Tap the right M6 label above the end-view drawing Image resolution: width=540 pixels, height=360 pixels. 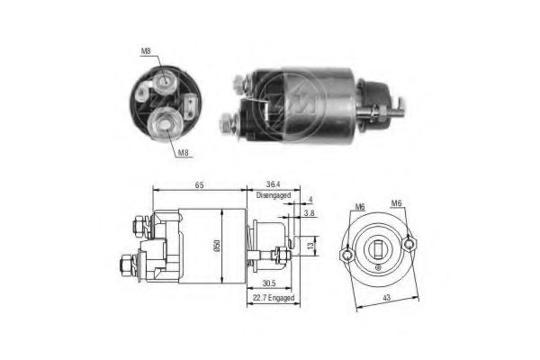click(x=397, y=203)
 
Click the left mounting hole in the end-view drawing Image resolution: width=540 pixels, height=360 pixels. click(x=348, y=256)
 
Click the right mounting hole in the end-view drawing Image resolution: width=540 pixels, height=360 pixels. click(x=409, y=240)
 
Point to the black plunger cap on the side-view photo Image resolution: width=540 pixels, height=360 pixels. click(x=373, y=94)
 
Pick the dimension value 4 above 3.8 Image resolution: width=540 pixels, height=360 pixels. click(x=310, y=200)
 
